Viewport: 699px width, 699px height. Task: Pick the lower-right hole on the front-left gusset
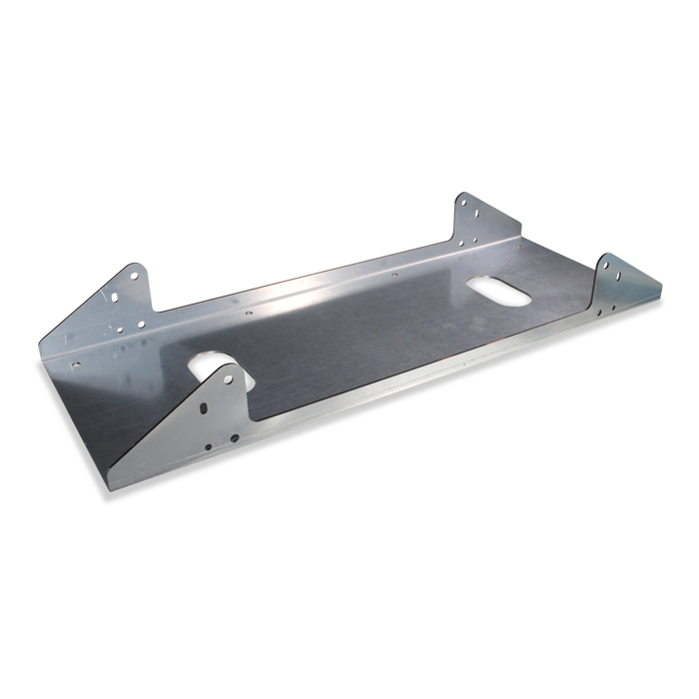pyautogui.click(x=235, y=437)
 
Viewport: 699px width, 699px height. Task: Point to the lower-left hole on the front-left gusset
pyautogui.click(x=208, y=447)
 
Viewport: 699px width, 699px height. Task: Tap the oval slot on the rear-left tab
pyautogui.click(x=116, y=298)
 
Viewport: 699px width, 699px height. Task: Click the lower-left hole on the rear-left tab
pyautogui.click(x=119, y=329)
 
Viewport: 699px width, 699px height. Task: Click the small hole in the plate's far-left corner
pyautogui.click(x=72, y=364)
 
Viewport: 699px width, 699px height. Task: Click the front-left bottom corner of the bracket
pyautogui.click(x=110, y=489)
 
